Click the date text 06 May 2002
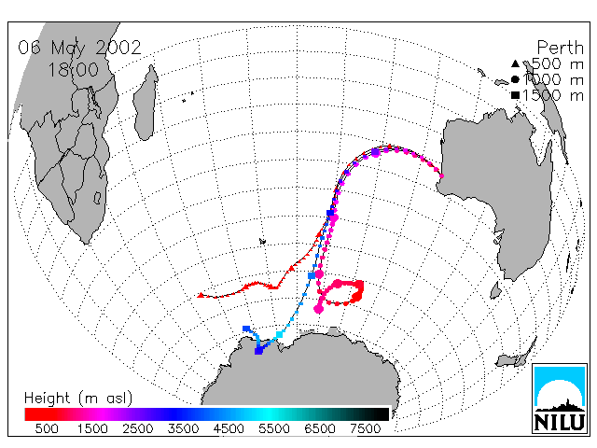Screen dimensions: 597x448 [x=79, y=48]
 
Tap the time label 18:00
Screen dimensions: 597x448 [x=73, y=70]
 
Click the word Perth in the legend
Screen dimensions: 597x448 [x=560, y=48]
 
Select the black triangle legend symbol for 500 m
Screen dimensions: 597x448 [x=515, y=63]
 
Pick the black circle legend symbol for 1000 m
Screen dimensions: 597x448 [x=515, y=79]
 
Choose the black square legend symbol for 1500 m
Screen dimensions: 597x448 [x=515, y=95]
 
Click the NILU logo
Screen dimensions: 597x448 [x=560, y=399]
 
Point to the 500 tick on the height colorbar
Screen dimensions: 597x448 [x=47, y=429]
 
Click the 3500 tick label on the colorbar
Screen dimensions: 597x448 [x=183, y=429]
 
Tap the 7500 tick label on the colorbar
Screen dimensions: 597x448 [x=365, y=429]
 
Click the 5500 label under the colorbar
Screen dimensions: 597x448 [x=274, y=429]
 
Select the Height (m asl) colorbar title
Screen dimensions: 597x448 [x=78, y=399]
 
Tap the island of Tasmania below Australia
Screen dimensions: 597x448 [x=495, y=290]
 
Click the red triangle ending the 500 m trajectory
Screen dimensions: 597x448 [x=201, y=295]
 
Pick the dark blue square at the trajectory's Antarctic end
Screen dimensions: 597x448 [x=258, y=350]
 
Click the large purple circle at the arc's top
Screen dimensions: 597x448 [x=375, y=152]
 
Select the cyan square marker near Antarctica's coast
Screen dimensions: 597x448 [x=280, y=335]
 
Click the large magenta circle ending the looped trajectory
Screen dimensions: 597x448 [x=319, y=309]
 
